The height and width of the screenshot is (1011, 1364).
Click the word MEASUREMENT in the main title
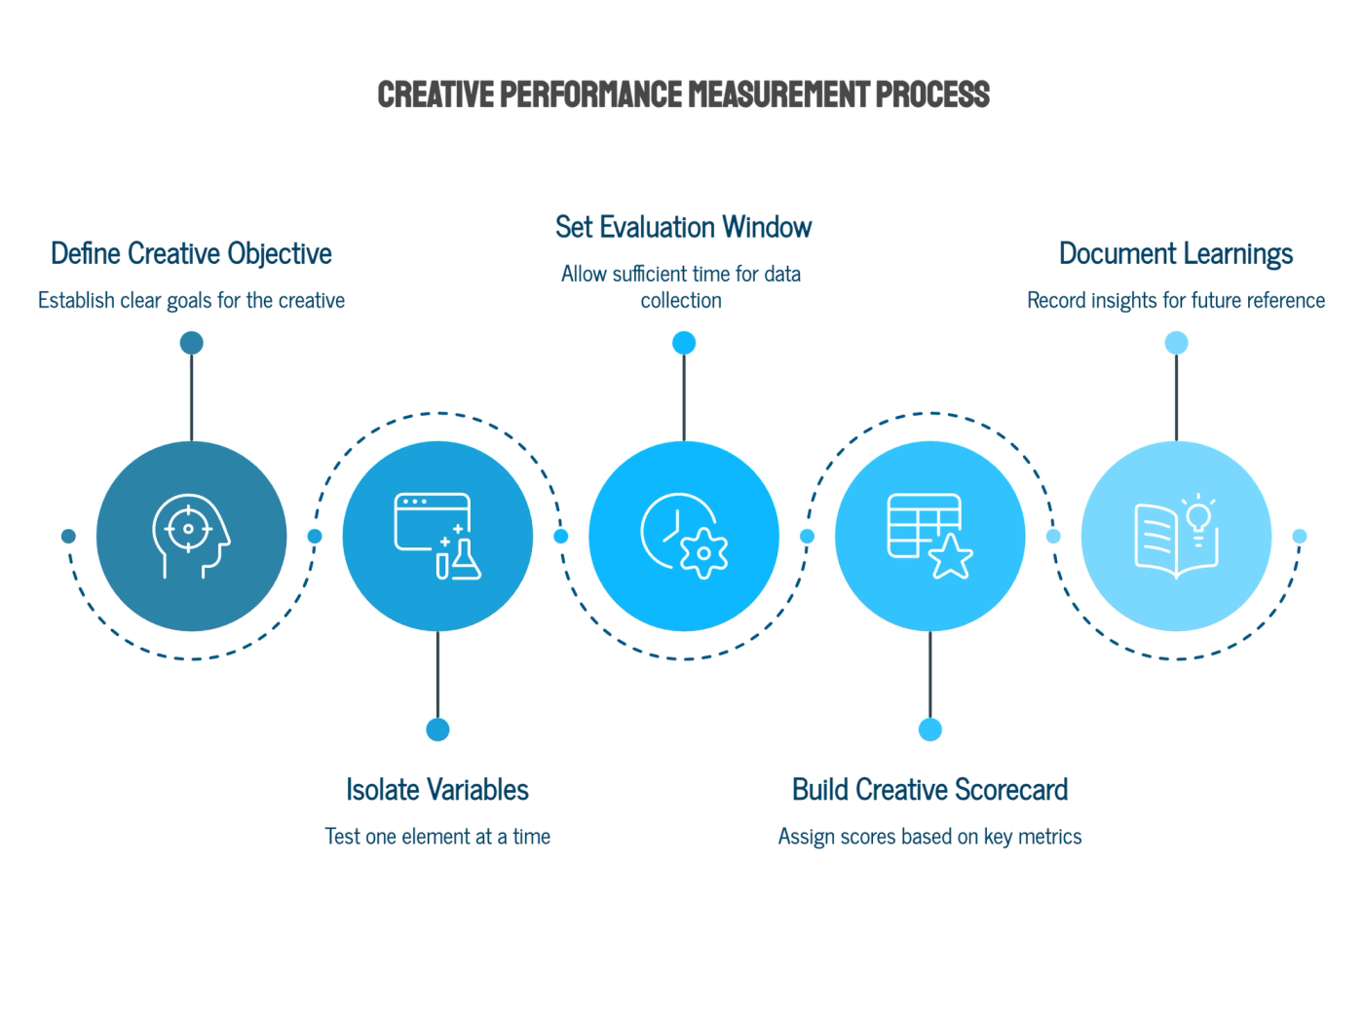point(777,94)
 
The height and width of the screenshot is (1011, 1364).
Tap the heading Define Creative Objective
point(191,254)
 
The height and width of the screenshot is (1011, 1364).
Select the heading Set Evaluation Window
point(683,227)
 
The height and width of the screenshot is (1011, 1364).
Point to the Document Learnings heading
point(1176,254)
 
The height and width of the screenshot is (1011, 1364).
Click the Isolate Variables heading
point(437,790)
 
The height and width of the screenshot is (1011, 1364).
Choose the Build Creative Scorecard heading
point(929,790)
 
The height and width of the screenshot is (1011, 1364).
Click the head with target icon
point(191,537)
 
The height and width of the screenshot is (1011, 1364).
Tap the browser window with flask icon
point(437,537)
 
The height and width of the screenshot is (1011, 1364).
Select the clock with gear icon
point(684,537)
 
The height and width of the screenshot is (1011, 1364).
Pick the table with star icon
point(929,537)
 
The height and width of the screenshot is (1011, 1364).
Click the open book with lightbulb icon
point(1176,537)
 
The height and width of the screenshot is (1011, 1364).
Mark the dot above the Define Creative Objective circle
point(191,343)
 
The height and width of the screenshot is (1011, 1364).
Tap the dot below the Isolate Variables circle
point(437,730)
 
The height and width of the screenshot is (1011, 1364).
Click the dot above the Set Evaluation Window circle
point(684,343)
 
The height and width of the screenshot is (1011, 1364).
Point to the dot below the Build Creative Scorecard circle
point(929,730)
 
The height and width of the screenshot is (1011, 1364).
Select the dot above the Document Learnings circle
point(1176,343)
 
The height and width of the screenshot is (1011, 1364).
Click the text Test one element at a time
point(437,837)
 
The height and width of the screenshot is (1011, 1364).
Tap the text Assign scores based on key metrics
point(929,837)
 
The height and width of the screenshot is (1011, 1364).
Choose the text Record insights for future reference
point(1176,300)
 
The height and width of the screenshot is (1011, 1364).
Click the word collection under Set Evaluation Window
point(681,300)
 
